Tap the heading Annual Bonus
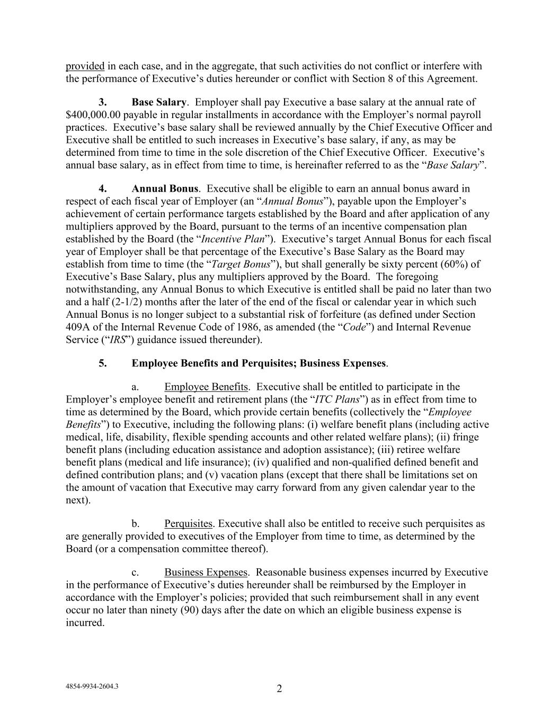165,189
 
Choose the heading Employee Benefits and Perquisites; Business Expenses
259,363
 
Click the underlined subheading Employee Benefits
206,387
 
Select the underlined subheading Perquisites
188,524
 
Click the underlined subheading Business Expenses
206,573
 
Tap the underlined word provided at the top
85,66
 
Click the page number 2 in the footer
279,689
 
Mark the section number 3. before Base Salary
103,102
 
